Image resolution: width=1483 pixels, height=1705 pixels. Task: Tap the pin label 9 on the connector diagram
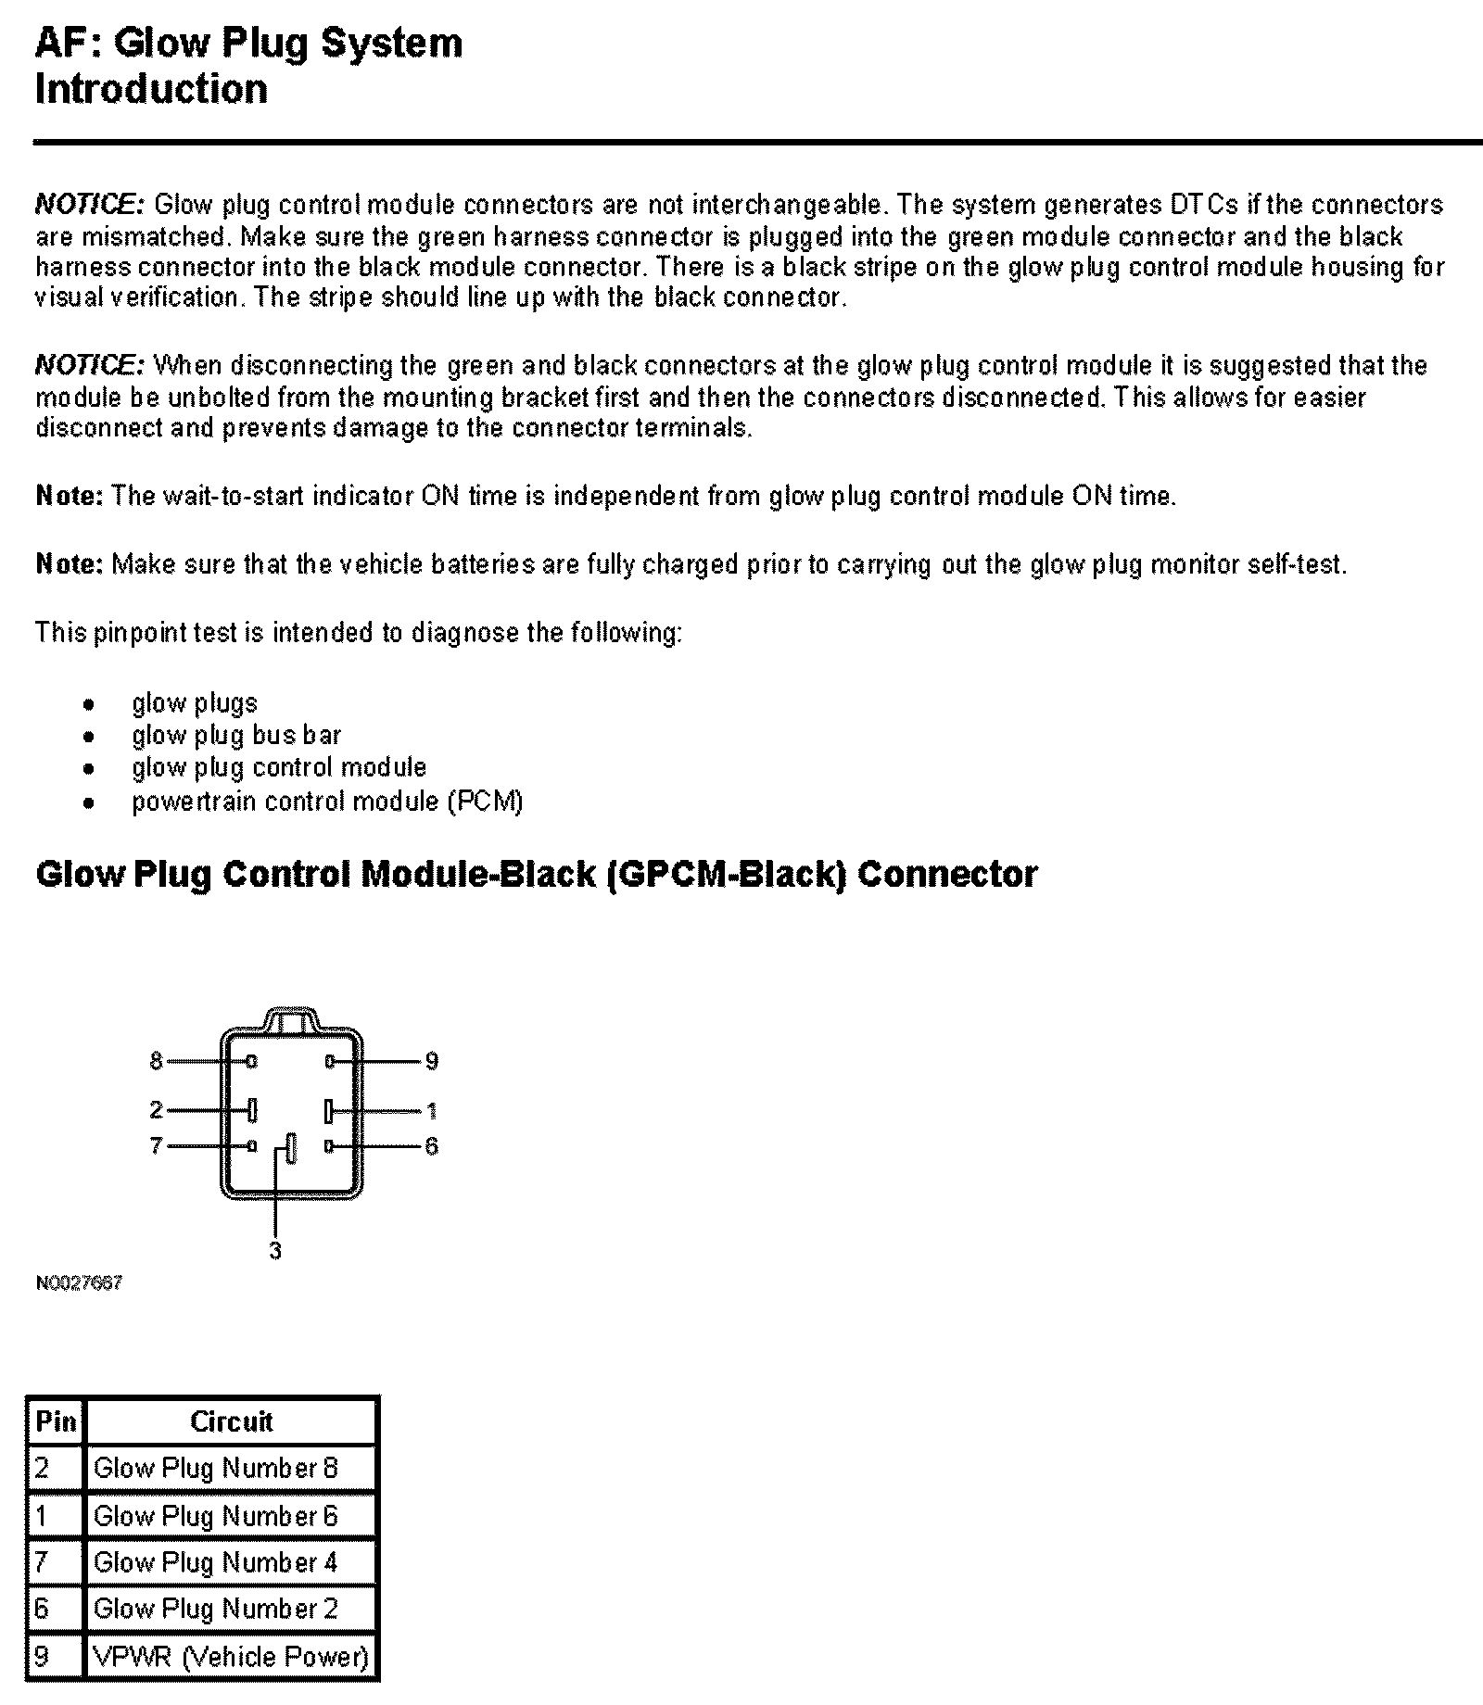431,1061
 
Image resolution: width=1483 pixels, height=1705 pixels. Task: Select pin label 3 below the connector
275,1250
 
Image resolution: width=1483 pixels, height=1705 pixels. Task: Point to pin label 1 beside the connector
431,1110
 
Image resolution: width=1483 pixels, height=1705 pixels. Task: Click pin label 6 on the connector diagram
431,1146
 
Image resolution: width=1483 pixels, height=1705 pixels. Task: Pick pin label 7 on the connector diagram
156,1146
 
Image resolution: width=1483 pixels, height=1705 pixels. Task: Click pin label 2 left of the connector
156,1110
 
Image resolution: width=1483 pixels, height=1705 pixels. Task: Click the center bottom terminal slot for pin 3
291,1149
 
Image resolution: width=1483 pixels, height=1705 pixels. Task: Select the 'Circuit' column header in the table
231,1421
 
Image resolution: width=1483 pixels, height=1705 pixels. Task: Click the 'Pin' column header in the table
56,1421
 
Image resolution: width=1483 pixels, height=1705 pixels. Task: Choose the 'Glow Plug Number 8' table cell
216,1469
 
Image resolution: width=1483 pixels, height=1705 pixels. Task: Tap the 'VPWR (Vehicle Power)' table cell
231,1657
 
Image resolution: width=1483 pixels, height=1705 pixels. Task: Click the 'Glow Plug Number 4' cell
216,1563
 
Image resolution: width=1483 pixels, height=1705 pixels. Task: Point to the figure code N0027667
79,1283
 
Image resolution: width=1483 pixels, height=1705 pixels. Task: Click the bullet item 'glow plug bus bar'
236,736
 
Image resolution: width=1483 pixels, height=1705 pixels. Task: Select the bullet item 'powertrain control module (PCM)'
327,801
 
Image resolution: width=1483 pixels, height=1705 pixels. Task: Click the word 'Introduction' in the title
151,90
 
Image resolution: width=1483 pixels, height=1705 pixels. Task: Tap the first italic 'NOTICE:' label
89,205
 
